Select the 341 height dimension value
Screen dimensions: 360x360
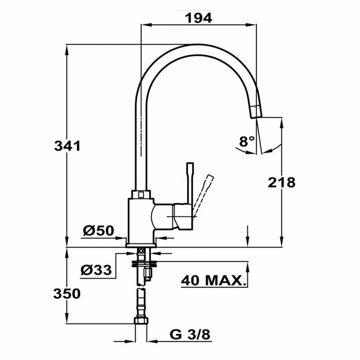pos(67,146)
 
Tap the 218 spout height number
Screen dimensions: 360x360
pos(282,182)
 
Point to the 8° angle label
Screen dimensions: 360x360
pos(247,142)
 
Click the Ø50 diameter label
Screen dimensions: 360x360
pos(98,231)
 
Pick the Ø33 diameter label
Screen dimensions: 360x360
pos(96,270)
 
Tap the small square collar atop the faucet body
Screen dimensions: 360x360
pos(141,194)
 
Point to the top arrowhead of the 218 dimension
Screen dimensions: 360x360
pos(282,122)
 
